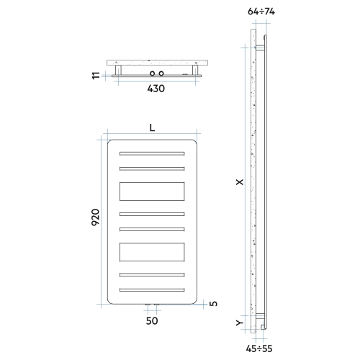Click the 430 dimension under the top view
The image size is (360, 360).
pyautogui.click(x=156, y=89)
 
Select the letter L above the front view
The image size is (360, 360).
pyautogui.click(x=153, y=127)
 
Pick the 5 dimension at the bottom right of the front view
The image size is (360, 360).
pyautogui.click(x=214, y=303)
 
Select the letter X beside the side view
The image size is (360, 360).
pyautogui.click(x=240, y=184)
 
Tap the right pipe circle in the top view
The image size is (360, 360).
pyautogui.click(x=163, y=73)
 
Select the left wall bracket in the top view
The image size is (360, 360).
pyautogui.click(x=120, y=70)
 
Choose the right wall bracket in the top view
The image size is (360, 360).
pyautogui.click(x=193, y=70)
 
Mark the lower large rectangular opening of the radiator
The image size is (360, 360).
pyautogui.click(x=153, y=252)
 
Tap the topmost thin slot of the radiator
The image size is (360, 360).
pyautogui.click(x=153, y=154)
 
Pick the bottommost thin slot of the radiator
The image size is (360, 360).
pyautogui.click(x=153, y=289)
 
